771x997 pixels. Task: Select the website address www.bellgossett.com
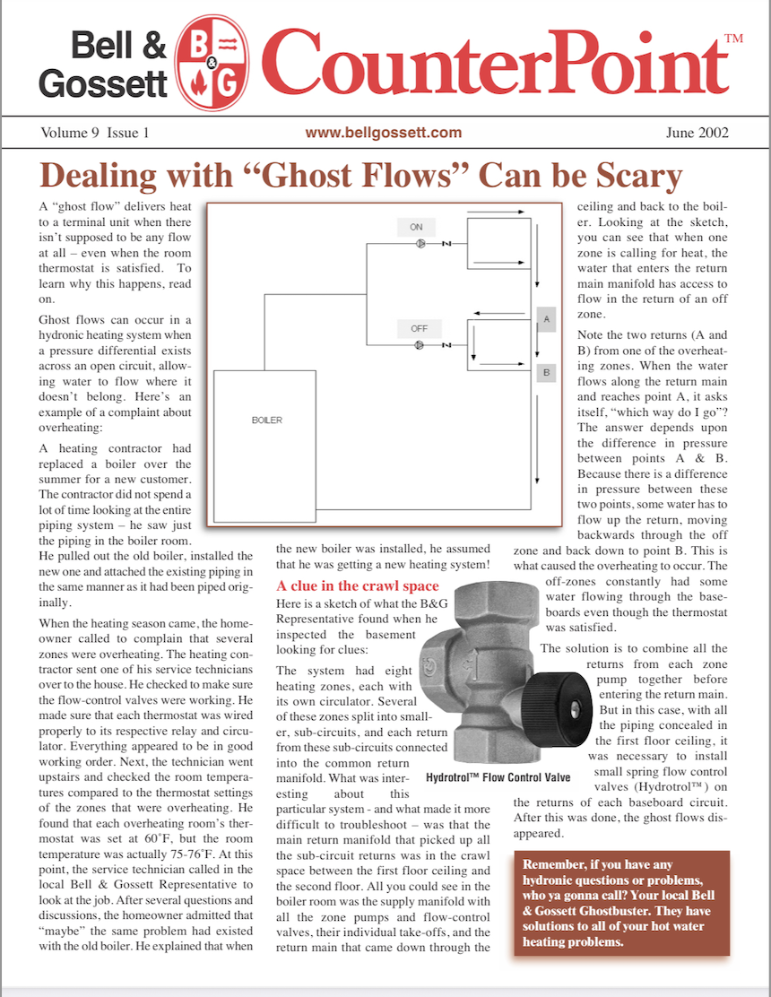pyautogui.click(x=384, y=133)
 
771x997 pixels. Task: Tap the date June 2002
pyautogui.click(x=697, y=133)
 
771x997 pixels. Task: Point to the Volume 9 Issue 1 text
pyautogui.click(x=94, y=133)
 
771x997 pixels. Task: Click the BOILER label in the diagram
pyautogui.click(x=267, y=420)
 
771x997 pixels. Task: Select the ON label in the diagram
pyautogui.click(x=416, y=227)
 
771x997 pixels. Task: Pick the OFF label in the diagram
pyautogui.click(x=419, y=328)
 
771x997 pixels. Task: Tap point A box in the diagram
pyautogui.click(x=546, y=318)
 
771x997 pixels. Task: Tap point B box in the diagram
pyautogui.click(x=546, y=371)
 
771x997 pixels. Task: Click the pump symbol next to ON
pyautogui.click(x=420, y=244)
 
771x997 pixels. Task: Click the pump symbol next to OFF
pyautogui.click(x=420, y=345)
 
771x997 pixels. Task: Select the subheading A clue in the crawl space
pyautogui.click(x=357, y=586)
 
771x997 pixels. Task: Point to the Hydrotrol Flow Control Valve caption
pyautogui.click(x=498, y=776)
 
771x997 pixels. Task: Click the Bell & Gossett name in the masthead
pyautogui.click(x=104, y=63)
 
